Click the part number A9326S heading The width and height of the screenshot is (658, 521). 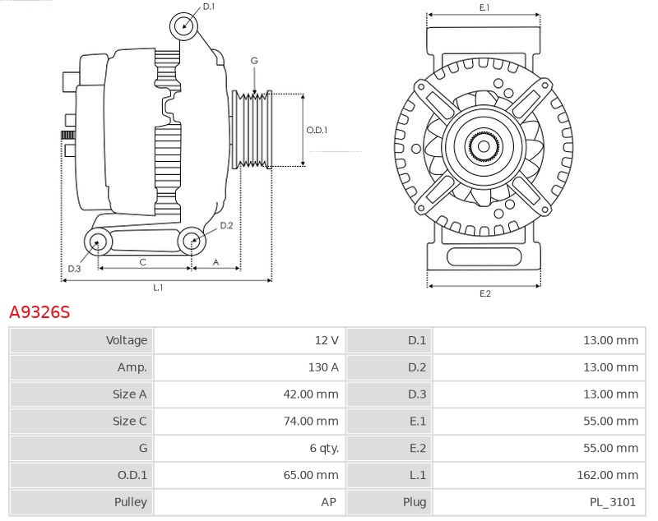point(39,312)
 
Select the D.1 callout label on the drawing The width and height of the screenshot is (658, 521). point(209,7)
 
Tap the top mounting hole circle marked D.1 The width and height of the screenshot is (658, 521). point(184,26)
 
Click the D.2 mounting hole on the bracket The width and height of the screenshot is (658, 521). point(192,241)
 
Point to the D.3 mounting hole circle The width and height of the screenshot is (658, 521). point(99,242)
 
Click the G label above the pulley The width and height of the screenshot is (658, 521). point(254,62)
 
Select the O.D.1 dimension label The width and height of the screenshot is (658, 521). point(317,130)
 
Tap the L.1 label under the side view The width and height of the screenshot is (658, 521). point(157,288)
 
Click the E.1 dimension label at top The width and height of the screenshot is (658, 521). point(484,7)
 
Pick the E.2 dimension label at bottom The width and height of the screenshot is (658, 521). point(484,293)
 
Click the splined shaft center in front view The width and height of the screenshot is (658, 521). point(483,147)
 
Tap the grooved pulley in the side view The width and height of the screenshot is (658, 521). point(254,130)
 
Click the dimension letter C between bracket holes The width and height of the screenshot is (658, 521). point(142,262)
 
